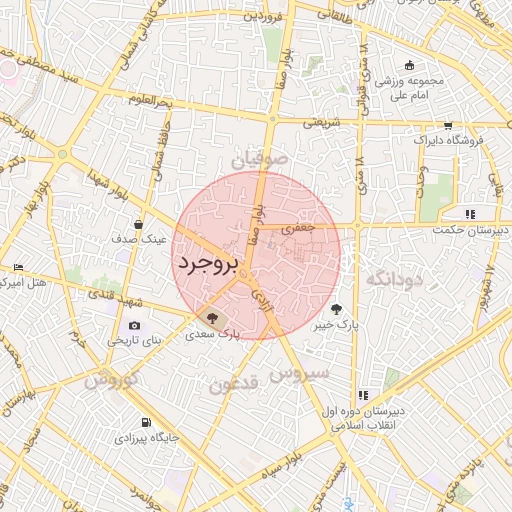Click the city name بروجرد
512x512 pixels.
point(209,265)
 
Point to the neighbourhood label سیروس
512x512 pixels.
point(292,375)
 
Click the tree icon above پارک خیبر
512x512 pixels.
point(335,309)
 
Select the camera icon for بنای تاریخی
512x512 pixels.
point(135,326)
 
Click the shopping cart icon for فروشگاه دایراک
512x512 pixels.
point(447,126)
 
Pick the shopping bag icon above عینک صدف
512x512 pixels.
point(137,224)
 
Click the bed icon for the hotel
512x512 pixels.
point(18,267)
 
